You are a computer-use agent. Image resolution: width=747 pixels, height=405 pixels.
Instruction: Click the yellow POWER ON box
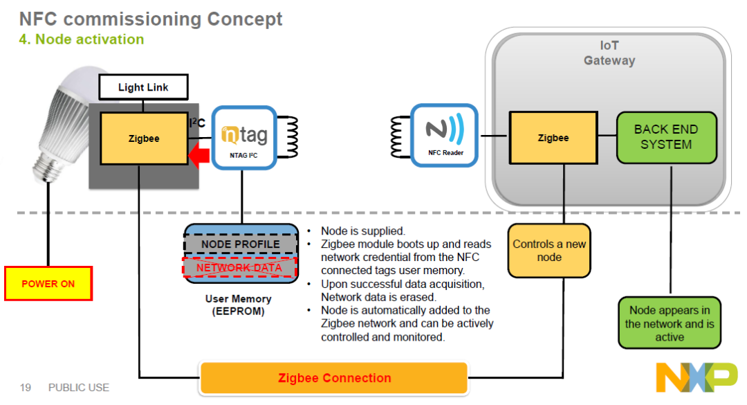point(48,283)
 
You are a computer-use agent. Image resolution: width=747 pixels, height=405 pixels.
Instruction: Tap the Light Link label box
point(143,87)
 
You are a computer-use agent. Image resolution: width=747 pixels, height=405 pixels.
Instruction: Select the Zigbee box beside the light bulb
point(144,138)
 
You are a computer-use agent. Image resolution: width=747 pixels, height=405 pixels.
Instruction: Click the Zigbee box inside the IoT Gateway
point(553,138)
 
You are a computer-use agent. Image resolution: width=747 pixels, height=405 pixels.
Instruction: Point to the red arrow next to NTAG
point(199,156)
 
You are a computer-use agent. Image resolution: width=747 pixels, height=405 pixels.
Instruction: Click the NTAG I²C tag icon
point(244,138)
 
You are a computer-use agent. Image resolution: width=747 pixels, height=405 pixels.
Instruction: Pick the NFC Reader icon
point(445,136)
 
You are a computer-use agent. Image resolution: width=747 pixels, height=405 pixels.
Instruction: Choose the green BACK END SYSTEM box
point(667,137)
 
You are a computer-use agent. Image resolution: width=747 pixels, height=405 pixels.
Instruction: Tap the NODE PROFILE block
point(240,244)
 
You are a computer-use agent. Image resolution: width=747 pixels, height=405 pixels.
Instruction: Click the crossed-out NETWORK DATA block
point(239,268)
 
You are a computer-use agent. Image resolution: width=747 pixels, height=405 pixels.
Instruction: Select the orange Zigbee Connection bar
point(334,378)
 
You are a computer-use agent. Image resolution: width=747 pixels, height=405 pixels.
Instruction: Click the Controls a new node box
point(549,251)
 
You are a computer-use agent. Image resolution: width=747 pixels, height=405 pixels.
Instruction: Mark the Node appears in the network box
point(670,323)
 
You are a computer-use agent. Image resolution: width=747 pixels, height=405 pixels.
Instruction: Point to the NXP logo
point(697,377)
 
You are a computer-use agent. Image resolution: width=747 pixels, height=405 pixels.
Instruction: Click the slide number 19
point(26,388)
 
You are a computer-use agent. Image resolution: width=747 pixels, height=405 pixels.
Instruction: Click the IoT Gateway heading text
point(609,53)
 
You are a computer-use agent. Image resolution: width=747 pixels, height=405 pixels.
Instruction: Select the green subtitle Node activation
point(82,39)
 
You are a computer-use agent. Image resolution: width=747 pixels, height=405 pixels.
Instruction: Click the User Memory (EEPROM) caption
point(238,305)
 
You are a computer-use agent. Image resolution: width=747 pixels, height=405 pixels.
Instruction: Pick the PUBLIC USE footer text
point(79,388)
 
